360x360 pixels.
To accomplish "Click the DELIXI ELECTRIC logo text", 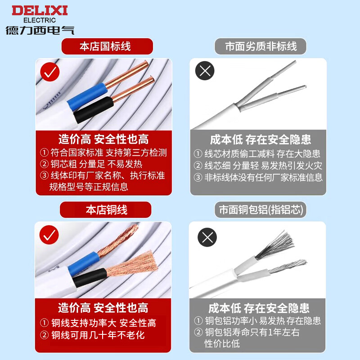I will point(40,13).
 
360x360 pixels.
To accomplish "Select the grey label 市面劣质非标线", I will point(261,46).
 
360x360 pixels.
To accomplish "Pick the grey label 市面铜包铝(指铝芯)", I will point(261,210).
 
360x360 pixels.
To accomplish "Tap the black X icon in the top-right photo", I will point(204,71).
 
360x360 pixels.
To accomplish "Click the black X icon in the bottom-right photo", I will point(207,237).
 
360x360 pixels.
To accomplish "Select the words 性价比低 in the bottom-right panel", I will point(222,344).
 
